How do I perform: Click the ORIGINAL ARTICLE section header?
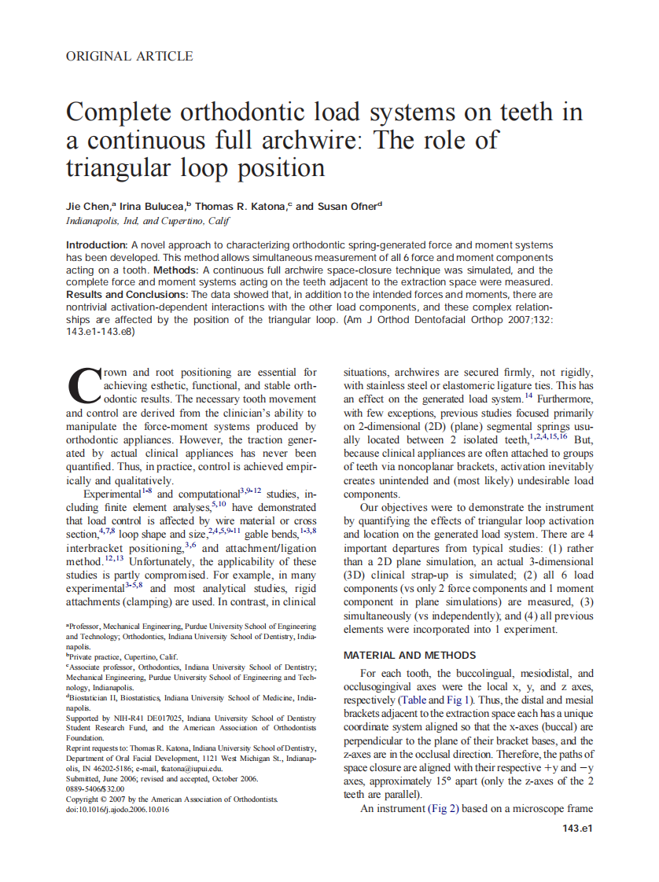[x=129, y=56]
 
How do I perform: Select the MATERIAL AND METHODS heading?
[x=410, y=655]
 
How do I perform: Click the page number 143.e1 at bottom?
[x=577, y=829]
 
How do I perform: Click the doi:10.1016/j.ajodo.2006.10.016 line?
[x=117, y=810]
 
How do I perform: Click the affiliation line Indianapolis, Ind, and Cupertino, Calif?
[x=147, y=222]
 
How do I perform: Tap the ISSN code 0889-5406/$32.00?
[x=95, y=788]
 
